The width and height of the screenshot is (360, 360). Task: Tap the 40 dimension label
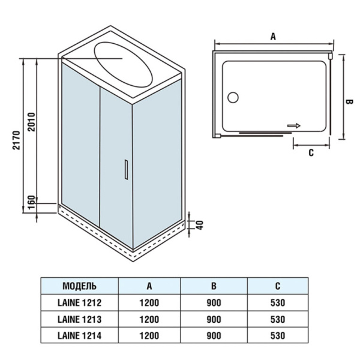pyautogui.click(x=200, y=224)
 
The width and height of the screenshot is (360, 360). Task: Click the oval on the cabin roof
pyautogui.click(x=124, y=63)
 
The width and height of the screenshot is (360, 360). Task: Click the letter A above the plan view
pyautogui.click(x=273, y=37)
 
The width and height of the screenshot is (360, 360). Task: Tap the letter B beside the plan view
pyautogui.click(x=347, y=103)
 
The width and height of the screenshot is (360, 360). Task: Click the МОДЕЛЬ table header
pyautogui.click(x=79, y=286)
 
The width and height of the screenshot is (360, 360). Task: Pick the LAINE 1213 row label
pyautogui.click(x=79, y=319)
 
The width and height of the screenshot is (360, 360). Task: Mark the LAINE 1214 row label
pyautogui.click(x=79, y=335)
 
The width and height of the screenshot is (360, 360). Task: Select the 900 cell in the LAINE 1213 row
pyautogui.click(x=213, y=319)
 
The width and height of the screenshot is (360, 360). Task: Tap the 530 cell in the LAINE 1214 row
pyautogui.click(x=277, y=335)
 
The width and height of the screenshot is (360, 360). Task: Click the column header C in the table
pyautogui.click(x=277, y=286)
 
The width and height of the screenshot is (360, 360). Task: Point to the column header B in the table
pyautogui.click(x=213, y=286)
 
